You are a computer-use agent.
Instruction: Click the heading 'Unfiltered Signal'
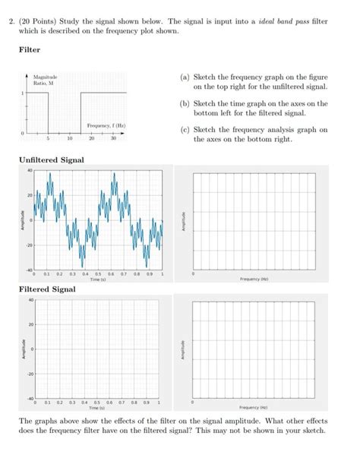pyautogui.click(x=51, y=159)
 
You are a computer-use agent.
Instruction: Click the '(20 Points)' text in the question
pyautogui.click(x=51, y=23)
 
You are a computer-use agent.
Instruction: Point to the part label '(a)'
pyautogui.click(x=185, y=77)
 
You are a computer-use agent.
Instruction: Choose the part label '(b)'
pyautogui.click(x=185, y=103)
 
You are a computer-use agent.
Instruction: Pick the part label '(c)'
pyautogui.click(x=185, y=129)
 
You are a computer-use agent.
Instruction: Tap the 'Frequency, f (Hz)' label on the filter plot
pyautogui.click(x=106, y=125)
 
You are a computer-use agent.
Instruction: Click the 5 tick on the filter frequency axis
pyautogui.click(x=48, y=139)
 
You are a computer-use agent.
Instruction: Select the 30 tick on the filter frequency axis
pyautogui.click(x=112, y=139)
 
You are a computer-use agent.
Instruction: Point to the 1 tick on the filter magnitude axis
pyautogui.click(x=23, y=93)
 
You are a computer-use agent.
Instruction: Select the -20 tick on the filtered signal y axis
pyautogui.click(x=28, y=374)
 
